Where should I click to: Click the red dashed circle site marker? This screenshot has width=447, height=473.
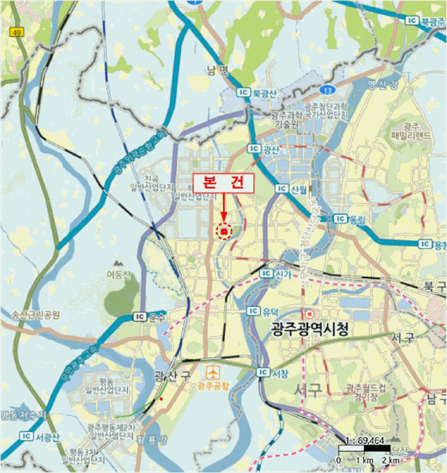(x=223, y=231)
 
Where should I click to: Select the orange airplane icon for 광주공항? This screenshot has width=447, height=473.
(x=214, y=372)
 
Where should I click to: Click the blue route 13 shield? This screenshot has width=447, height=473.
(x=327, y=89)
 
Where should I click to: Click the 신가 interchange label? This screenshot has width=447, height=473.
(x=282, y=273)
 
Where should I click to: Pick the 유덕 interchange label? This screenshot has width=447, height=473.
(x=269, y=311)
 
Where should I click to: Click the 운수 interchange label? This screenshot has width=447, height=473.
(x=157, y=316)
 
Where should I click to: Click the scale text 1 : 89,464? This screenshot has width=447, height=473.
(x=365, y=439)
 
